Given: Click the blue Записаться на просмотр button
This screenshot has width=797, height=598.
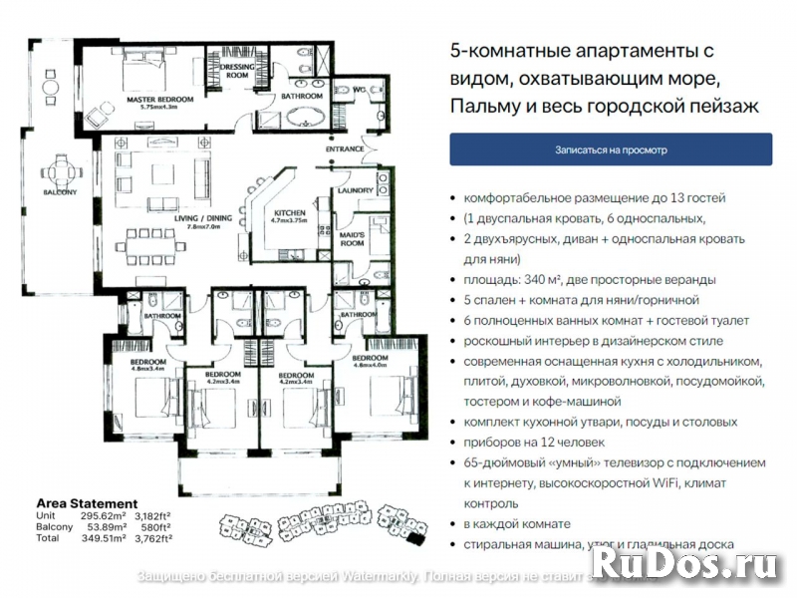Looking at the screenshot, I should point(611,149).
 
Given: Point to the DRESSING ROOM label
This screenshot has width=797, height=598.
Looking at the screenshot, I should point(237,69).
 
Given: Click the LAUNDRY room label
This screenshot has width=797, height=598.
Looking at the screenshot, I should point(356,190).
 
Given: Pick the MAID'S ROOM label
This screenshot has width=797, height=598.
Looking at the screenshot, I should point(354,240).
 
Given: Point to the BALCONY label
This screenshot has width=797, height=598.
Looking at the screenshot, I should point(60,192).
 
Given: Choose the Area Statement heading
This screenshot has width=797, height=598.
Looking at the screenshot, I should point(87,503).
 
